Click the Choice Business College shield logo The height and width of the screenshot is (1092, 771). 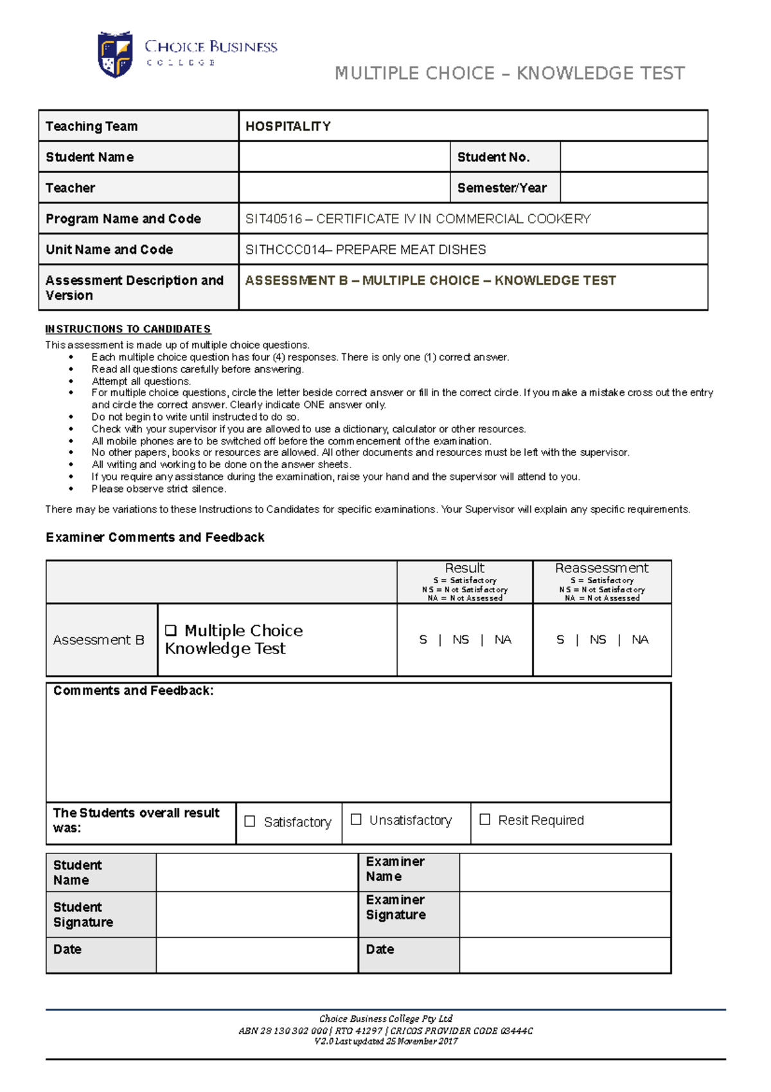115,55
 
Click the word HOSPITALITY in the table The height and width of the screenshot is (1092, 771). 288,127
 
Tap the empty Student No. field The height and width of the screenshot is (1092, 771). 633,157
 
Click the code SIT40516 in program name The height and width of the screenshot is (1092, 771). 273,219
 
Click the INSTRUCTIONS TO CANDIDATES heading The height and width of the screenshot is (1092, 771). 128,329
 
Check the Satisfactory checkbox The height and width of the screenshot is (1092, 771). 251,821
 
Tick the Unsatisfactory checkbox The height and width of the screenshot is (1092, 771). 356,819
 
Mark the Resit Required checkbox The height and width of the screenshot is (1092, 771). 485,819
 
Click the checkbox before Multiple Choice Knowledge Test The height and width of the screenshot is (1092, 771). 171,630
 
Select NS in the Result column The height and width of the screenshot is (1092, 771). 461,640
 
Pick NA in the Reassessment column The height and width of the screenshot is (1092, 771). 640,640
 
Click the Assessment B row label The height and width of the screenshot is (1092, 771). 99,640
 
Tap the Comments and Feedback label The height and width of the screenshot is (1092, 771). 133,691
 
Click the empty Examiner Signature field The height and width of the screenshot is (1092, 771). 565,914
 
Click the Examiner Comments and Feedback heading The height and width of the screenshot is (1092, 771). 155,538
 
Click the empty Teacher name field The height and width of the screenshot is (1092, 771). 344,188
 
